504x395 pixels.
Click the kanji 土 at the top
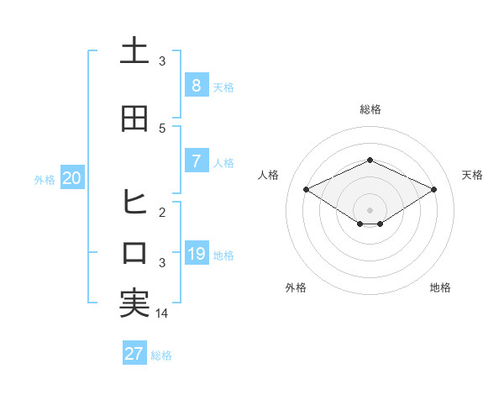[134, 51]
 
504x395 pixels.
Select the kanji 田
[134, 118]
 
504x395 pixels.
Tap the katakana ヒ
[134, 203]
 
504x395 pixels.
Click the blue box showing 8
[196, 85]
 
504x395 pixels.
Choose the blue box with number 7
[196, 161]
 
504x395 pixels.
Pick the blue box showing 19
[196, 254]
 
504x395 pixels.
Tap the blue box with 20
[72, 177]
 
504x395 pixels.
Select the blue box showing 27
[134, 354]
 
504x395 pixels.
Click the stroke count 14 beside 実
[162, 313]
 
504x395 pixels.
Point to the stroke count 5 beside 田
[162, 129]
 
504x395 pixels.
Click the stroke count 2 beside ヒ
[162, 213]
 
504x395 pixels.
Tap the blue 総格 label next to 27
[162, 355]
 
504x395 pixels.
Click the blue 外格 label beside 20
[45, 179]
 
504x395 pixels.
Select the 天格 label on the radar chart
[472, 175]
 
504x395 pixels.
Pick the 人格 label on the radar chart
[269, 175]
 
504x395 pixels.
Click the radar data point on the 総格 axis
[370, 160]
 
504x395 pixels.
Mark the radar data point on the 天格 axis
[434, 189]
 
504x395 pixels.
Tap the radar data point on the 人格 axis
[307, 189]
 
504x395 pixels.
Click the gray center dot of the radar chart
[370, 209]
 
